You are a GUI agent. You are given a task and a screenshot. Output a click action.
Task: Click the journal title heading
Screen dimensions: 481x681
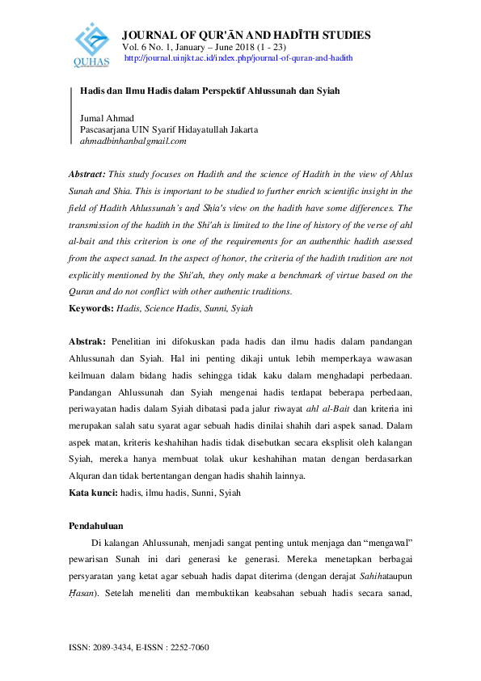tap(246, 35)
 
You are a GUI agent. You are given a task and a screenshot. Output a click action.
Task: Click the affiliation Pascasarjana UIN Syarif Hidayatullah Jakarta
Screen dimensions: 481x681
tap(169, 129)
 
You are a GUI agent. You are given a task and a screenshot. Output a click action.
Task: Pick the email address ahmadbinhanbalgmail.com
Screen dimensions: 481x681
tap(133, 141)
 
